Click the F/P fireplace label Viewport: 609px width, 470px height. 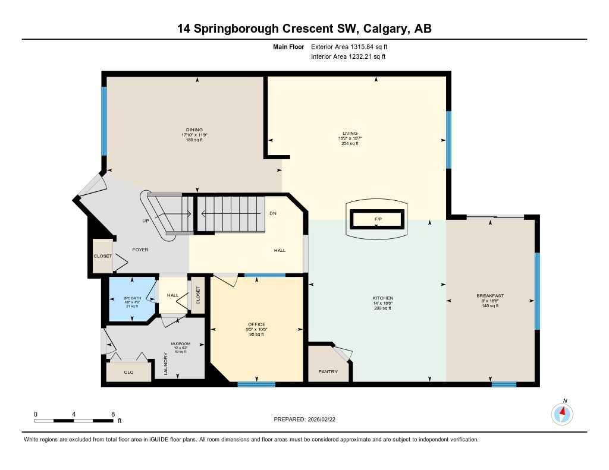point(378,220)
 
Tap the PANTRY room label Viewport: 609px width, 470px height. point(328,372)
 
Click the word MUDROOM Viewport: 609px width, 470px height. point(180,343)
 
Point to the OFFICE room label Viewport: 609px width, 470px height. point(257,324)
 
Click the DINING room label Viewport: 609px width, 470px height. point(194,130)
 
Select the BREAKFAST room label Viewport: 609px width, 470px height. point(490,296)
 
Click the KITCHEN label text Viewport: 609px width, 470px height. point(383,298)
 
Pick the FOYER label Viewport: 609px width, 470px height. point(140,250)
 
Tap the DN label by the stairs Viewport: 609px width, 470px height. point(272,213)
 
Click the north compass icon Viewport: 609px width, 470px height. point(562,413)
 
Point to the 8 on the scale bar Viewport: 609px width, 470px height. point(112,414)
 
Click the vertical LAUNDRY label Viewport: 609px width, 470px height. point(165,364)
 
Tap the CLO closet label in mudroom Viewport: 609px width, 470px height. point(128,373)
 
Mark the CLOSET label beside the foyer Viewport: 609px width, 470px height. point(102,256)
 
